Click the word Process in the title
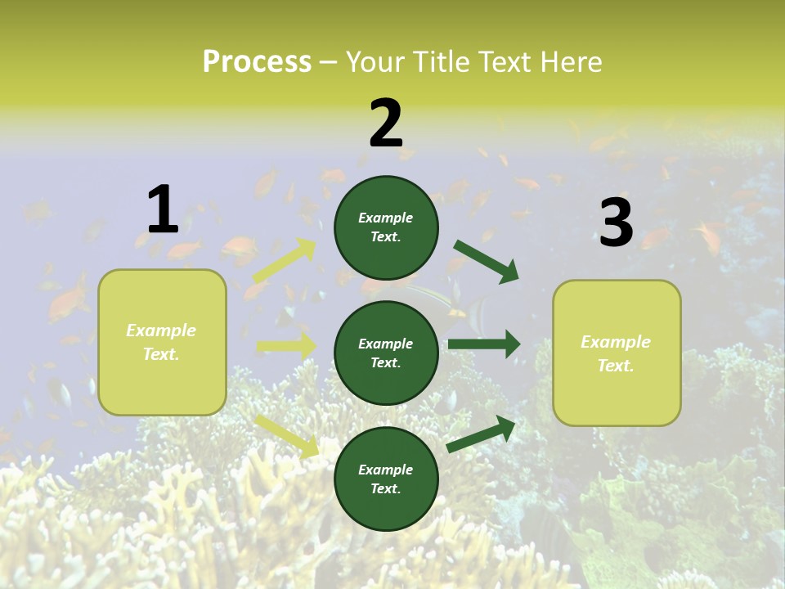click(257, 61)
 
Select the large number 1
click(163, 210)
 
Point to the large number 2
click(386, 124)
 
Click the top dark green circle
click(386, 227)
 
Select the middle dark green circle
click(386, 353)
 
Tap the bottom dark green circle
click(386, 479)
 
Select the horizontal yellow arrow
click(286, 346)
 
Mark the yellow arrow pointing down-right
click(287, 435)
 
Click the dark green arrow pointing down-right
click(487, 261)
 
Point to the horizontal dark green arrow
click(484, 344)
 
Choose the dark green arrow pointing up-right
click(482, 434)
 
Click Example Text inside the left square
click(161, 342)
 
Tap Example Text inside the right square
click(616, 353)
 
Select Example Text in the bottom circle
click(386, 479)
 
